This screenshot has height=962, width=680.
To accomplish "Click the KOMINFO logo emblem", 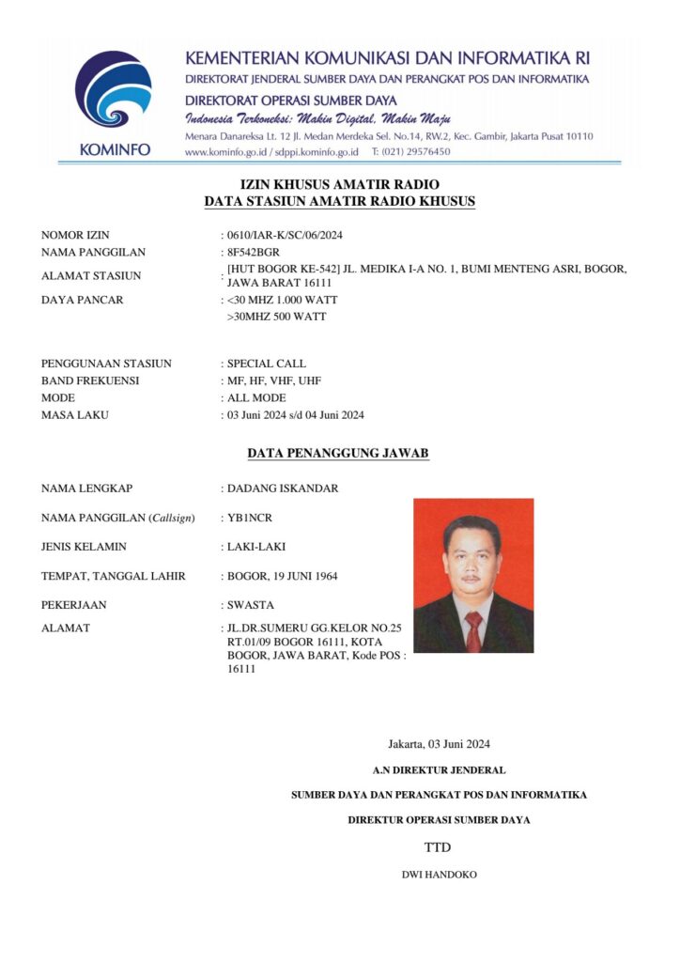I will (113, 88).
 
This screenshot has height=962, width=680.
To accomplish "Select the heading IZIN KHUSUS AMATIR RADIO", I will (340, 184).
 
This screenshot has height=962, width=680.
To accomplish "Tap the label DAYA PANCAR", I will (83, 300).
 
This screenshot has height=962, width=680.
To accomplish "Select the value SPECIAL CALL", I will (267, 364).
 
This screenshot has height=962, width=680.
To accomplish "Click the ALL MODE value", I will (256, 397).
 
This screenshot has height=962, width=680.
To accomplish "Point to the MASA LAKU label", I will (75, 415).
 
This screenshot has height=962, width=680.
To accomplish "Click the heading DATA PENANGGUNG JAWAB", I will (338, 453).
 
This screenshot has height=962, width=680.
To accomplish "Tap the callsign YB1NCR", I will (251, 518).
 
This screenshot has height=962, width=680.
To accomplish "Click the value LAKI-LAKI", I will (256, 547).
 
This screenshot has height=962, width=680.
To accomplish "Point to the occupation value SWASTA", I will (251, 605).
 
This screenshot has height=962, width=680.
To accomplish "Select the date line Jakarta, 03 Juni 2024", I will (439, 745).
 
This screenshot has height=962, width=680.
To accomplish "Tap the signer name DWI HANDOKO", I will (439, 875).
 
